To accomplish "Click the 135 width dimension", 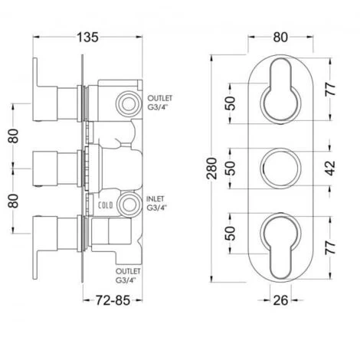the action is pos(87,38).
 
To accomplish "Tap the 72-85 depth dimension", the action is pos(113,300).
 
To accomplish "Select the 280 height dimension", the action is pos(212,169).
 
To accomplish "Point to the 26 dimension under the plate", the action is pos(280,300).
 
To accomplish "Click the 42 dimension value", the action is pos(331,169).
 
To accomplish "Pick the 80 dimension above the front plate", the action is pos(280,38).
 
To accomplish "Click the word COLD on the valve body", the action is pos(106,205).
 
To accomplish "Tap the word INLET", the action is pos(155,198).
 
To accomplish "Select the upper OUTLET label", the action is pos(160,98).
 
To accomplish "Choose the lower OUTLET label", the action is pos(128,271).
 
